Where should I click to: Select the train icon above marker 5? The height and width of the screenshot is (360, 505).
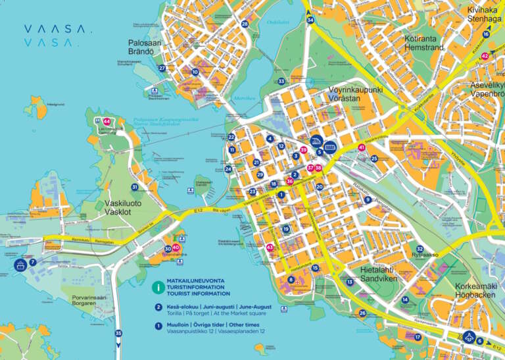(315, 141)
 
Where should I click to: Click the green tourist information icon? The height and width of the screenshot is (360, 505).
(158, 287)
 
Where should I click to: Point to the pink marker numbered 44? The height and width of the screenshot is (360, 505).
(107, 121)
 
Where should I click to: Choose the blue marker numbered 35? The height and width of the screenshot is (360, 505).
(118, 333)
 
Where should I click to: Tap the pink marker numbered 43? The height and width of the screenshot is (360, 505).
(270, 247)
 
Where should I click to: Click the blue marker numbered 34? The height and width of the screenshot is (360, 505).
(310, 20)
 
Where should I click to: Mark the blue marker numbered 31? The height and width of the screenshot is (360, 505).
(135, 188)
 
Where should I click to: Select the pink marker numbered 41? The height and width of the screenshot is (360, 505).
(362, 147)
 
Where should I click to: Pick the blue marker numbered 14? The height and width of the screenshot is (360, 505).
(405, 299)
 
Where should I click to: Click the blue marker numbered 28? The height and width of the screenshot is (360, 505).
(245, 24)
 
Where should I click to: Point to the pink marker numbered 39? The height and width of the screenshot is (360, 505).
(303, 150)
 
